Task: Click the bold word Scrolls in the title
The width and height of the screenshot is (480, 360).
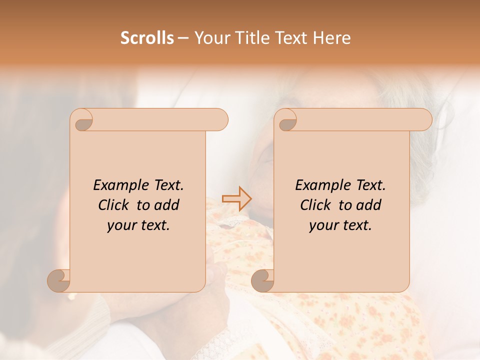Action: coord(147,38)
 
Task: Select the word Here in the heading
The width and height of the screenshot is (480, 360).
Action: coord(332,38)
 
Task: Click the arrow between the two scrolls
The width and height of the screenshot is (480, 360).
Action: coord(237,198)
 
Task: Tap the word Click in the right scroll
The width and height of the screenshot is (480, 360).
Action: coord(315,205)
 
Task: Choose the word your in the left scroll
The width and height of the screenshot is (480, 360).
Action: coord(120,226)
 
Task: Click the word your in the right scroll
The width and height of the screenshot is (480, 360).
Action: coord(322,226)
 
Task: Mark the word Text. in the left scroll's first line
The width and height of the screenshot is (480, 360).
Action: coord(166,185)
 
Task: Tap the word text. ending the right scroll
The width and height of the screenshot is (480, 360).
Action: coord(357,225)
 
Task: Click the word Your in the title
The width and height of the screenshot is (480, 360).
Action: coord(211,38)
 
